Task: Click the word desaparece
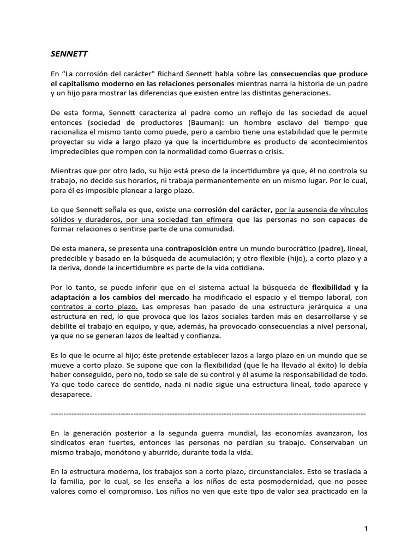70,396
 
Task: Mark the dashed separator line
208,414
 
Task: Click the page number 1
367,529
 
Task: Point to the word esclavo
272,122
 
